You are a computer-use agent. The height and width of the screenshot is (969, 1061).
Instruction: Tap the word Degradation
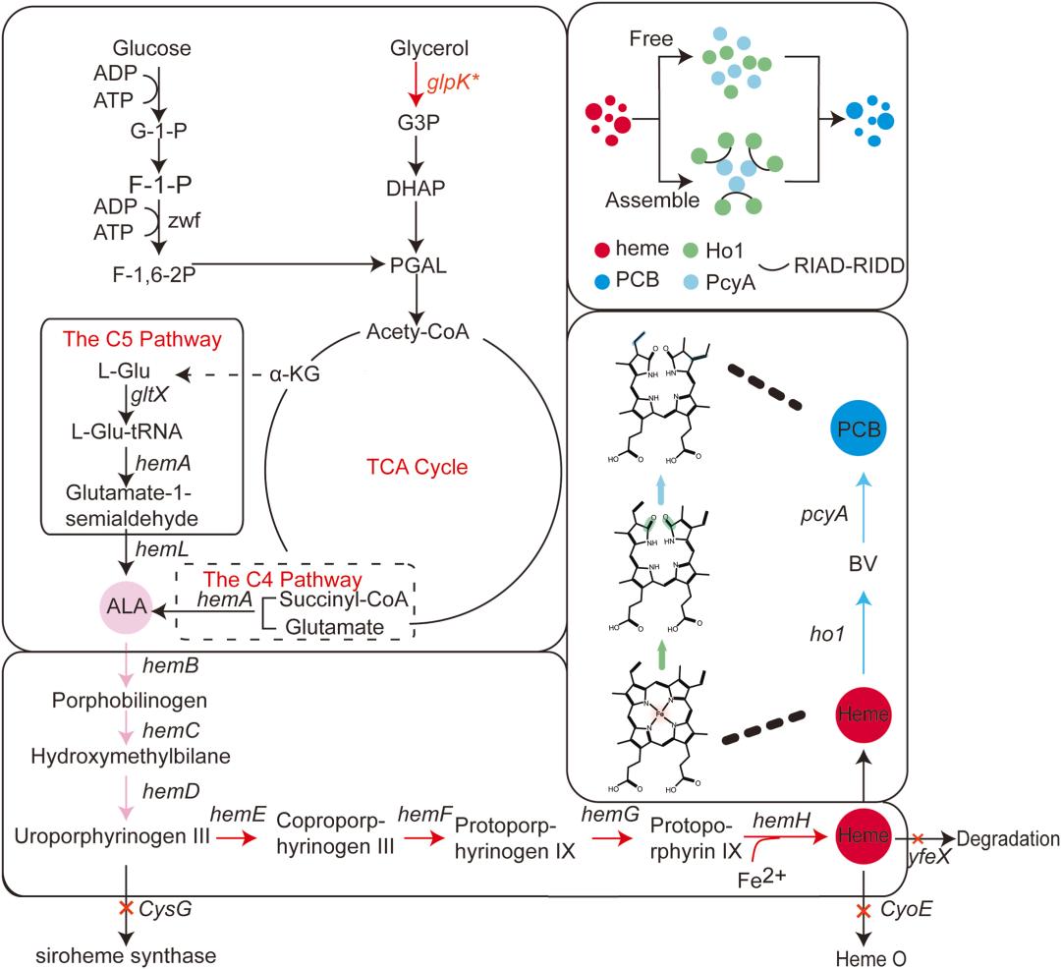pos(1010,838)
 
